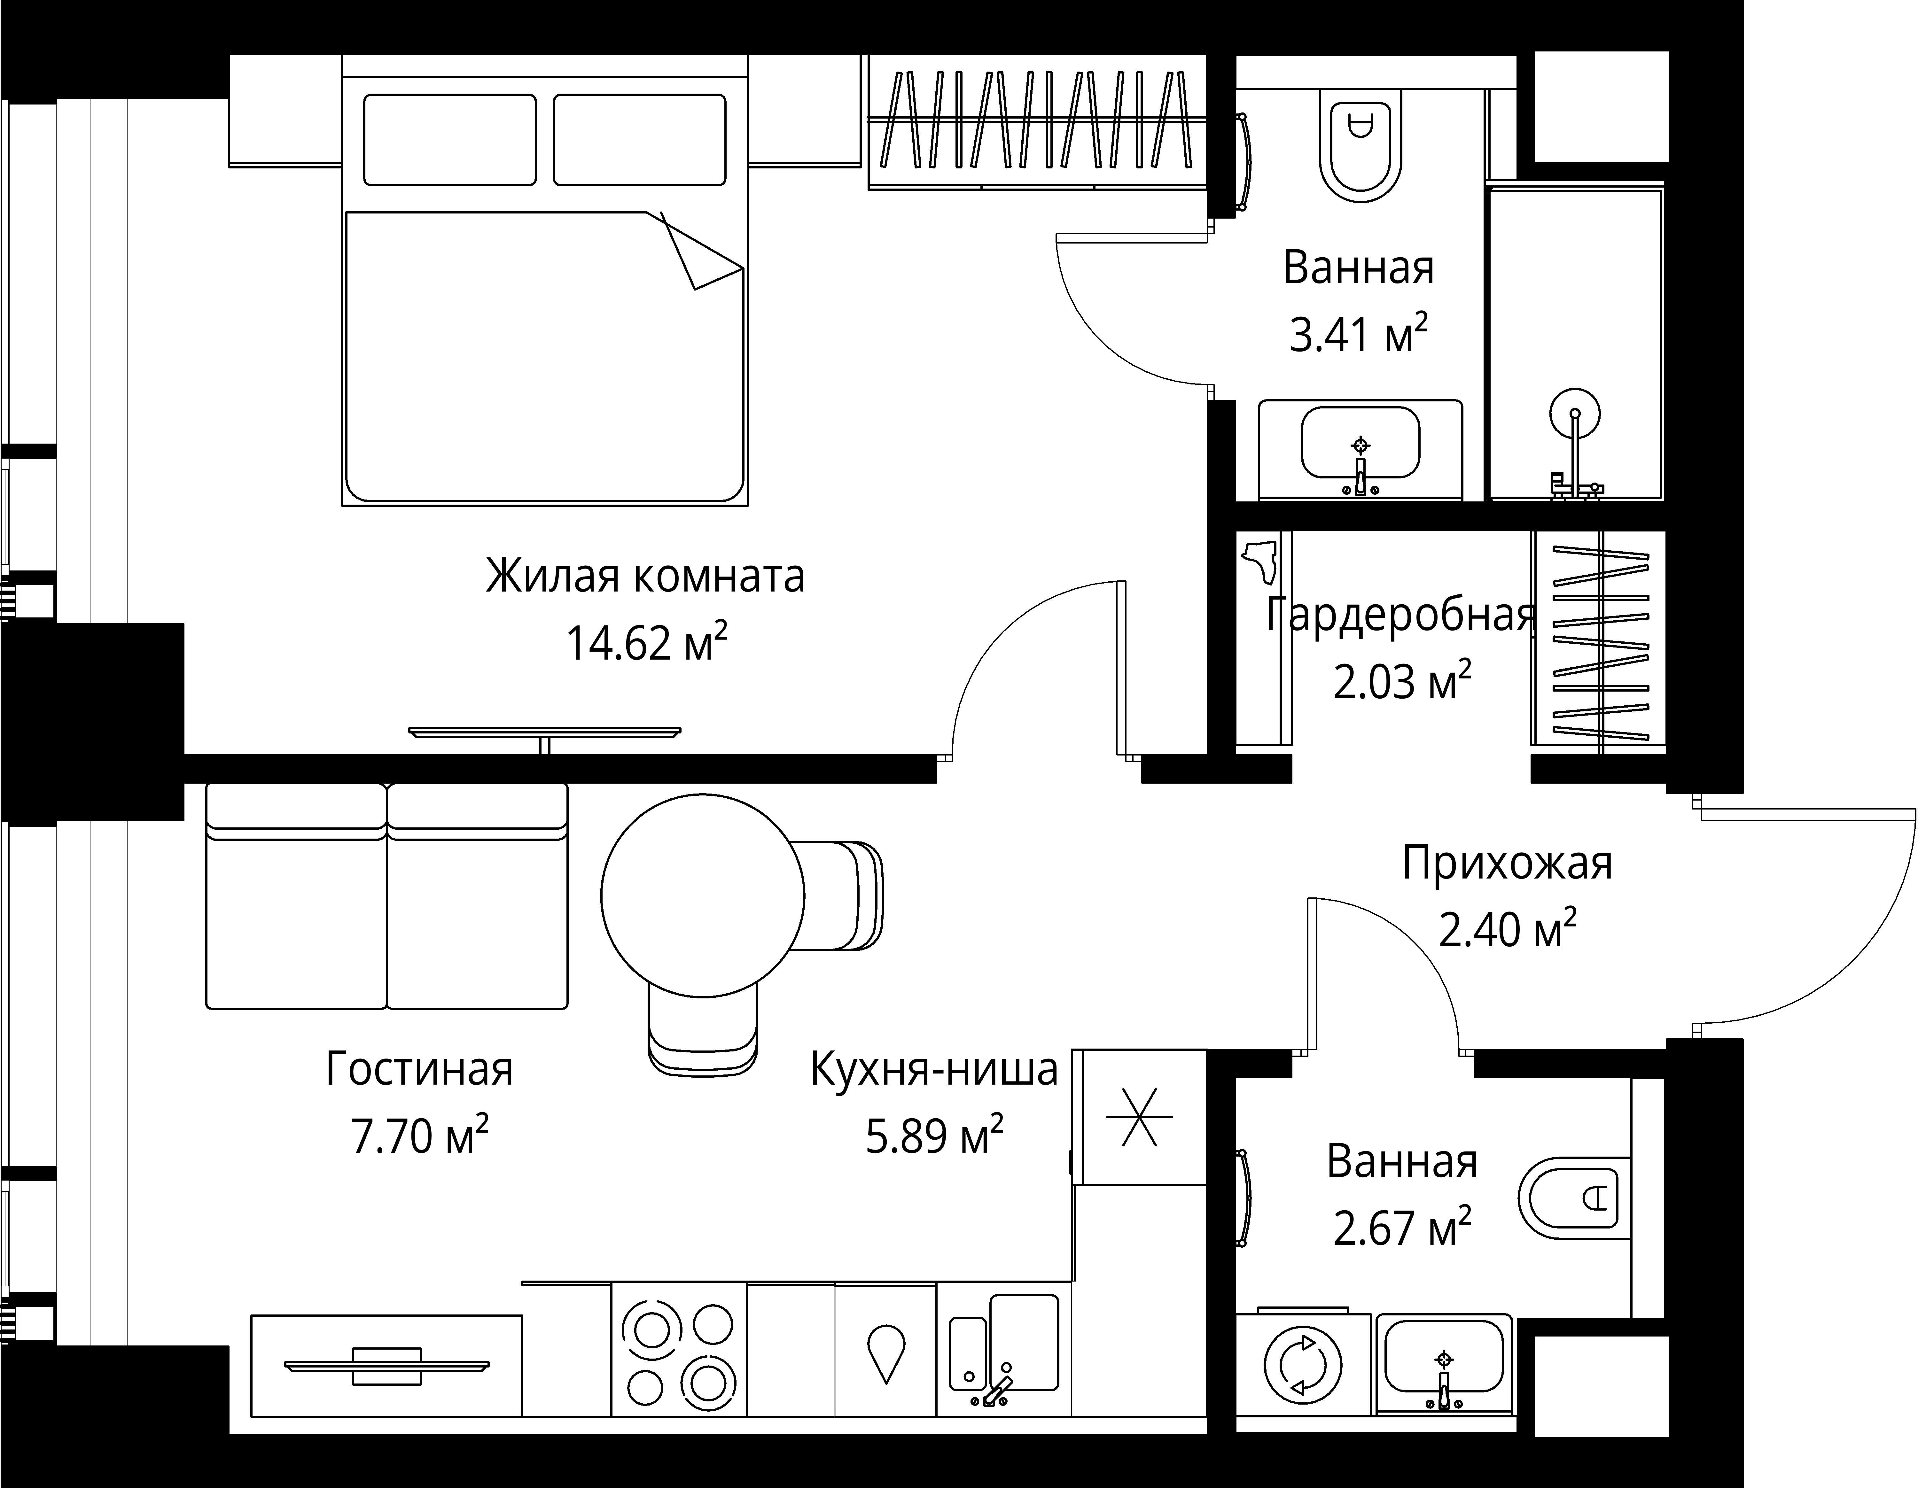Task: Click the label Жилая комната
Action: (644, 577)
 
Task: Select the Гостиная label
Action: (419, 1069)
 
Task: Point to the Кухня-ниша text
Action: (933, 1069)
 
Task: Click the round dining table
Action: (703, 895)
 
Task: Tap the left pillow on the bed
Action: (450, 140)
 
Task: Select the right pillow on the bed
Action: (639, 140)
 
